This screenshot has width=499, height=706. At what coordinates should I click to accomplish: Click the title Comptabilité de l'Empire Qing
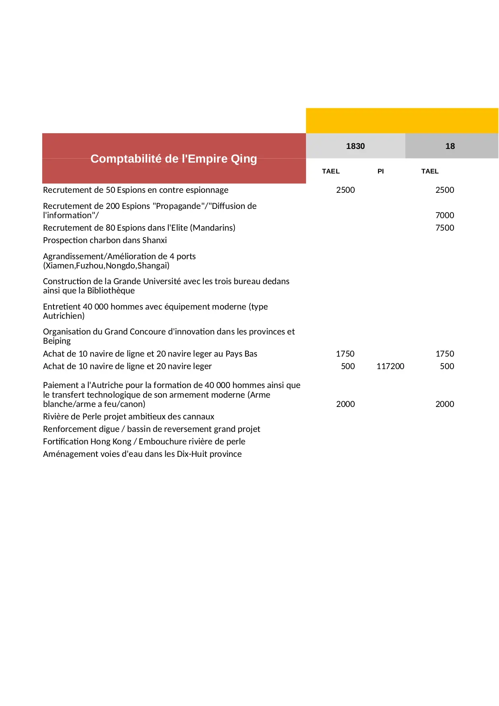[174, 159]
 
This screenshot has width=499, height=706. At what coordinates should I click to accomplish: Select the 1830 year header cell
[355, 146]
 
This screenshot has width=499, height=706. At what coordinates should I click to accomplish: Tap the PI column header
[380, 171]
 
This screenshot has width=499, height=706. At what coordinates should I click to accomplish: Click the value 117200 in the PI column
[390, 366]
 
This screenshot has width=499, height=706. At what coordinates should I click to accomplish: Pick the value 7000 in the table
[444, 215]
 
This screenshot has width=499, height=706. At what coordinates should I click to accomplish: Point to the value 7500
[444, 228]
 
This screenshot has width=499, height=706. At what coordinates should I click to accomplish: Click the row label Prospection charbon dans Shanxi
[105, 240]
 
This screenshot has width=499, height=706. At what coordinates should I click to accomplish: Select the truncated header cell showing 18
[450, 146]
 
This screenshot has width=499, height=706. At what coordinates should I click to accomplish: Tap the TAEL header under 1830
[331, 171]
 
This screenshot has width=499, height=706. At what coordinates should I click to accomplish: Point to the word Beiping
[57, 341]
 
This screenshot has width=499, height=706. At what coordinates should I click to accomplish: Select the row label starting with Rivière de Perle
[128, 417]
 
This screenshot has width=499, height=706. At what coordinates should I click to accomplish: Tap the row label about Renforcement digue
[151, 429]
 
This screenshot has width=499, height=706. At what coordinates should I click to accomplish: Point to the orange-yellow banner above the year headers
[402, 120]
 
